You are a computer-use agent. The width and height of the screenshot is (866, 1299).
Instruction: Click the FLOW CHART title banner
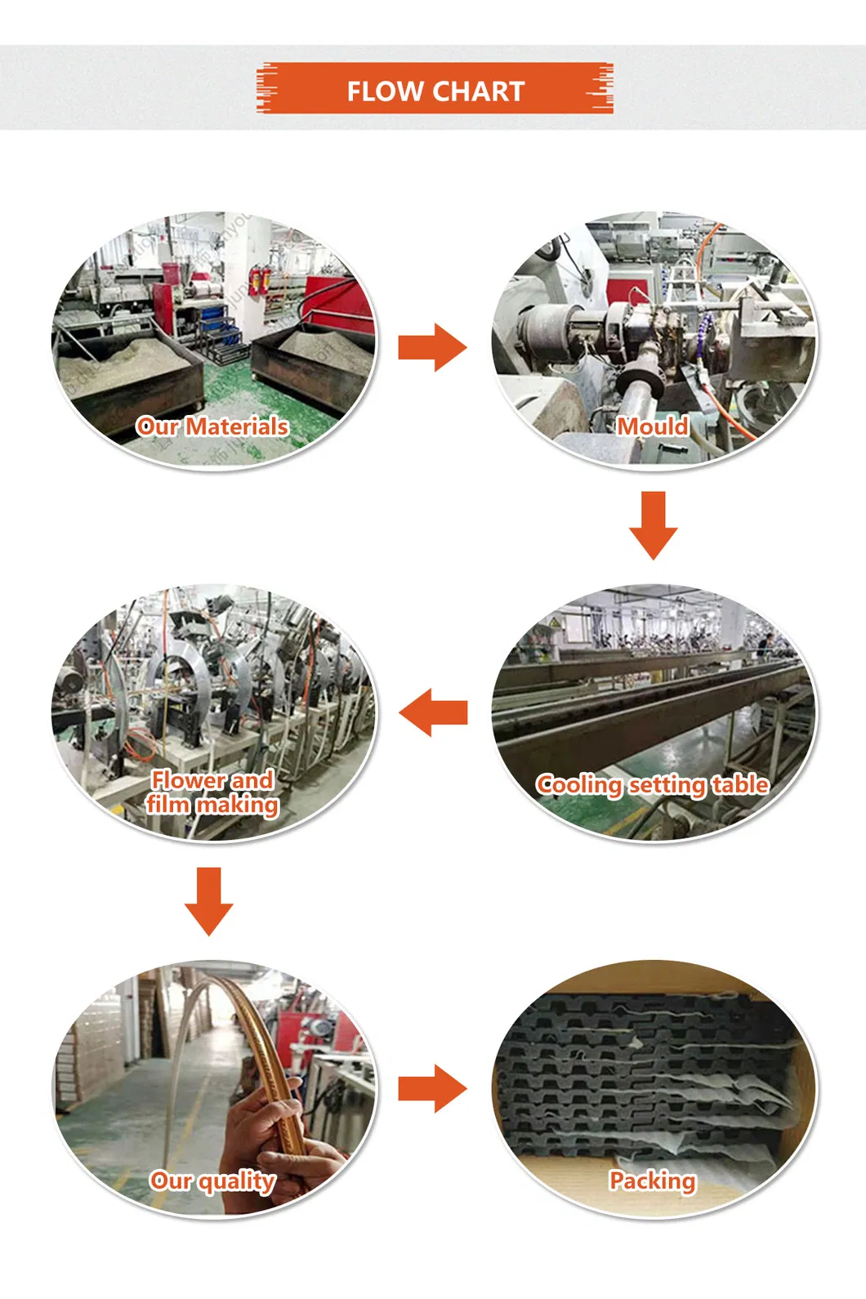point(435,88)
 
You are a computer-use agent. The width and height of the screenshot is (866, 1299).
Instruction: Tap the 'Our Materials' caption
point(212,426)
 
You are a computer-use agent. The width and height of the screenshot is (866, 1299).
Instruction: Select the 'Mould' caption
point(653,426)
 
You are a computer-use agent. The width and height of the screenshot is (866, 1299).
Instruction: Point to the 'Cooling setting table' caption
point(653,784)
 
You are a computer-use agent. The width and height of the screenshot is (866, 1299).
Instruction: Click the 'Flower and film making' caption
point(212,792)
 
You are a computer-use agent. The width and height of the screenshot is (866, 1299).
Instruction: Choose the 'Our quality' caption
point(212,1181)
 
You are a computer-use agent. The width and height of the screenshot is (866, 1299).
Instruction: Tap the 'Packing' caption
point(653,1181)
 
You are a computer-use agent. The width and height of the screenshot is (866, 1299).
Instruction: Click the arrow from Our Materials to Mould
point(433,347)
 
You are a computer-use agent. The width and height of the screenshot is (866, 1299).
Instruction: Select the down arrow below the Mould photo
point(653,525)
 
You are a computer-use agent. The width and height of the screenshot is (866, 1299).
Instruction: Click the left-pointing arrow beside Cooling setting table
point(433,712)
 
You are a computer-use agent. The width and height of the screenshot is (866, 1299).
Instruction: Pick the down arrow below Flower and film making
point(209,901)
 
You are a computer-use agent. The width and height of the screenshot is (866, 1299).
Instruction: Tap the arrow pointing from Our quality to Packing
point(433,1088)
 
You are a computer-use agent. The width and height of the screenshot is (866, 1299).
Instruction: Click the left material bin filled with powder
point(125,371)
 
